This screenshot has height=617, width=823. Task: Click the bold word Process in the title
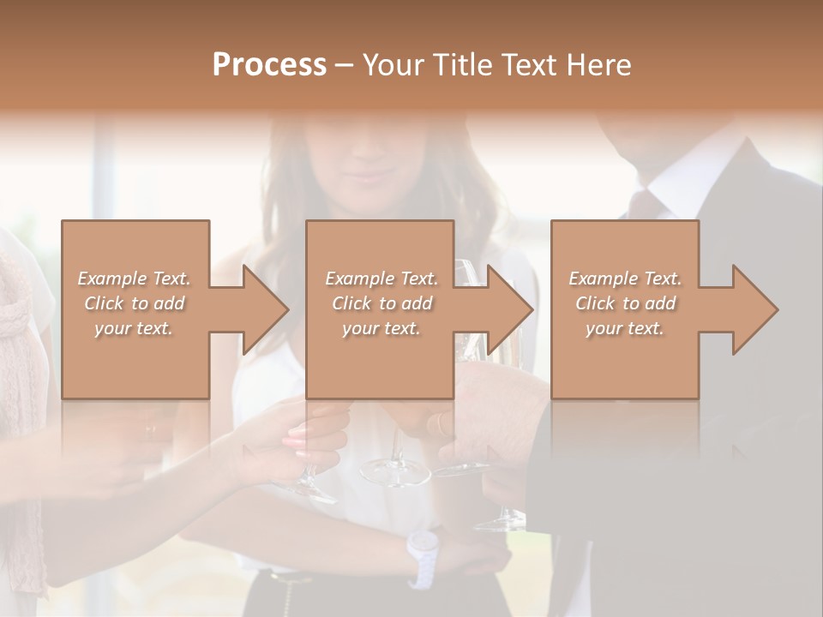click(x=269, y=65)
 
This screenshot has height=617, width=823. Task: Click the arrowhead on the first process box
click(x=264, y=309)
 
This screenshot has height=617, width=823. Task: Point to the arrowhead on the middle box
click(x=509, y=309)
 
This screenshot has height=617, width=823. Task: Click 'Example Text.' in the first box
click(x=135, y=279)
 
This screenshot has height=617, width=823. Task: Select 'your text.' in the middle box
click(x=381, y=328)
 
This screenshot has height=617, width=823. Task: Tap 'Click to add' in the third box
click(x=625, y=303)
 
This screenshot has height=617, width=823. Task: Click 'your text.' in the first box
click(x=135, y=328)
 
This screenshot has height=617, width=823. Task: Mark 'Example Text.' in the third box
click(x=625, y=279)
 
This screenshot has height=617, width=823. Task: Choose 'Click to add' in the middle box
click(x=381, y=303)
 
